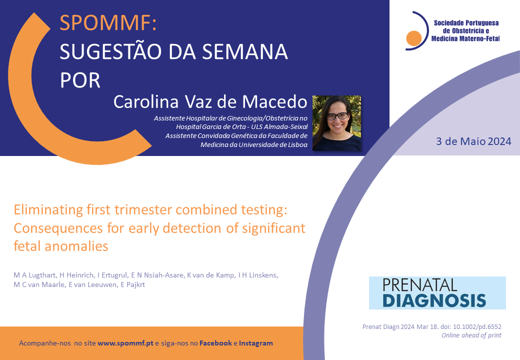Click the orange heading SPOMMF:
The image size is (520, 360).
[x=108, y=23]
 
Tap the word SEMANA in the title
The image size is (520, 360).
[x=245, y=51]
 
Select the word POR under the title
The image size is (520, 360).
[x=80, y=80]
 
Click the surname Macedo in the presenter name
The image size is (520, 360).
[x=274, y=102]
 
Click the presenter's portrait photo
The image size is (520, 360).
[x=337, y=123]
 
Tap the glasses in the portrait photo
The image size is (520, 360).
[x=337, y=116]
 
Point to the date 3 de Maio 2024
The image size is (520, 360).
[x=473, y=141]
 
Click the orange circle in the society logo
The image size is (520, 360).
[x=414, y=38]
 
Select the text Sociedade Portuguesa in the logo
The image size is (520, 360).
[x=466, y=23]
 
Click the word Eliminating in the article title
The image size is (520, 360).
[x=48, y=210]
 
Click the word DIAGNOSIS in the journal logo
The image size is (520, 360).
[x=434, y=300]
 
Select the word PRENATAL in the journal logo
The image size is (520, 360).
[x=420, y=285]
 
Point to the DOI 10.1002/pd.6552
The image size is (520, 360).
[x=477, y=327]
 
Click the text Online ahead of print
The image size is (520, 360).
[x=471, y=335]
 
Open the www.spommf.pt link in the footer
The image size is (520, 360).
[x=125, y=343]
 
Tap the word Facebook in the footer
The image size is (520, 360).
[x=215, y=343]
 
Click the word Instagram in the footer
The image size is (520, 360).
[x=256, y=343]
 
